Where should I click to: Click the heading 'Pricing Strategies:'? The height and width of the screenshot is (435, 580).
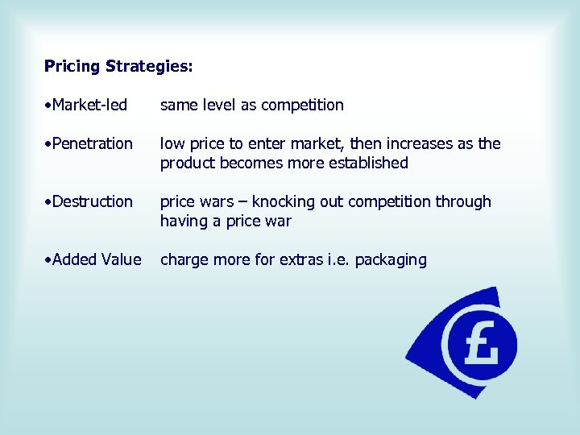pyautogui.click(x=118, y=66)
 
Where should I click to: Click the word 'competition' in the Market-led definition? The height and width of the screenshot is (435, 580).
pyautogui.click(x=302, y=105)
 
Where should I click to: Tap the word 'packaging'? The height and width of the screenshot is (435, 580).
pyautogui.click(x=391, y=259)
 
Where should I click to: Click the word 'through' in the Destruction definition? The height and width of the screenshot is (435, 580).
pyautogui.click(x=464, y=201)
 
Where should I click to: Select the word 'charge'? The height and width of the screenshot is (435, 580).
pyautogui.click(x=183, y=259)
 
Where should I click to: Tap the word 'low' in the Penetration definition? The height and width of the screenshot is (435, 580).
pyautogui.click(x=172, y=143)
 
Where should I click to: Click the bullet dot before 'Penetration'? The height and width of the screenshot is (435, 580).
pyautogui.click(x=48, y=143)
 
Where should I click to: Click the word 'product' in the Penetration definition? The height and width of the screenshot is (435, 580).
pyautogui.click(x=186, y=163)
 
